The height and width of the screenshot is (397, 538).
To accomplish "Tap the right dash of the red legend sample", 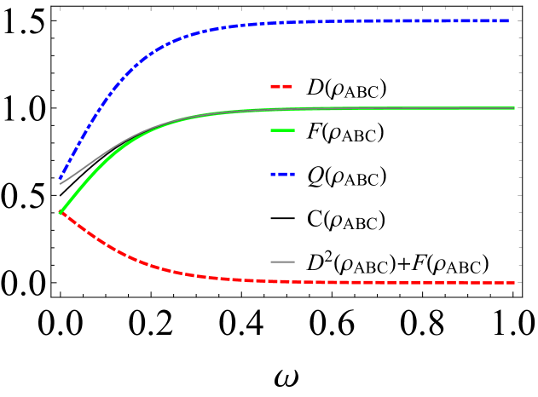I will click(288, 86).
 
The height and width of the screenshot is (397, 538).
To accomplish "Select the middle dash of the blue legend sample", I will click(282, 174).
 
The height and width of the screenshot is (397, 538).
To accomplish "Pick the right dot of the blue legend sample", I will click(292, 174).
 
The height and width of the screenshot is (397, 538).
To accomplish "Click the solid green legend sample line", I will click(282, 130).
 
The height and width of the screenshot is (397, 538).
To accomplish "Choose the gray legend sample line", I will click(282, 262).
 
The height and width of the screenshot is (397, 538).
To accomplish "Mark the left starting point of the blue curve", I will click(60, 179).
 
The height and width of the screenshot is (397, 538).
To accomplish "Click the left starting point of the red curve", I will click(60, 212).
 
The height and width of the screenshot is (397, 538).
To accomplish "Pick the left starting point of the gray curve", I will click(60, 183).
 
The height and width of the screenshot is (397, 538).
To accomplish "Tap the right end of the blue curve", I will click(509, 20).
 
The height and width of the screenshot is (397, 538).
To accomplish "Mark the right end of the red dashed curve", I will click(514, 283).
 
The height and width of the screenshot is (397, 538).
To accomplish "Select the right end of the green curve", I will click(514, 108).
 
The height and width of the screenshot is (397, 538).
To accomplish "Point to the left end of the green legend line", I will click(271, 130).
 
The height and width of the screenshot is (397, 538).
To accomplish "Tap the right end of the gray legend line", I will click(294, 262).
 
